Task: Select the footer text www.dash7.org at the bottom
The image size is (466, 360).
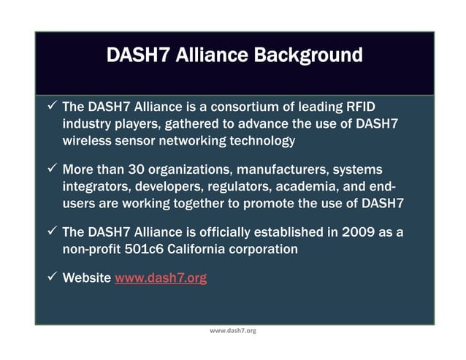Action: coord(233,331)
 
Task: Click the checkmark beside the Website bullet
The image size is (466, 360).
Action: coord(52,277)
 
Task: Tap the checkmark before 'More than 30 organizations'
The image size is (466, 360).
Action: coord(52,169)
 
